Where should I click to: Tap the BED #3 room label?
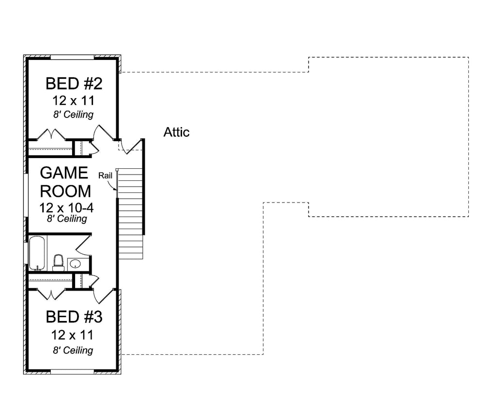point(74,317)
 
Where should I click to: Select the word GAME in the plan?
point(64,173)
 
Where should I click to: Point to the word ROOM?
point(65,191)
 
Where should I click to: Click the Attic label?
point(176,132)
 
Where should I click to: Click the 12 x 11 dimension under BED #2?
point(74,101)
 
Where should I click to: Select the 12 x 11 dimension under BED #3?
point(74,335)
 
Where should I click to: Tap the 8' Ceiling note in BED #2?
point(74,115)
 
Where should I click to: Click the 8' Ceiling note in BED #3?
point(74,350)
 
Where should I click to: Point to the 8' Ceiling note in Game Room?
point(67,219)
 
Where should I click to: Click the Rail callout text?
point(105,175)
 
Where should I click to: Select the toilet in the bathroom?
point(58,263)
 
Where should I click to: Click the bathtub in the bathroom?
point(37,253)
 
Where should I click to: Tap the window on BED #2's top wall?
point(72,57)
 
